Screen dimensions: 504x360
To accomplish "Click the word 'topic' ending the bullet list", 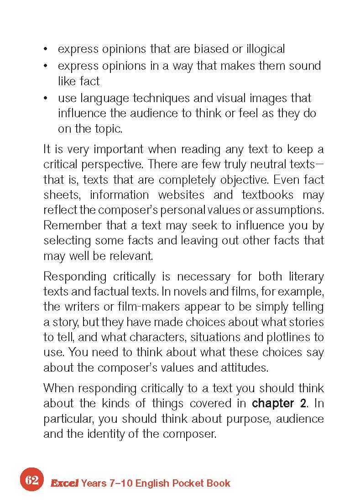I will pyautogui.click(x=108, y=129).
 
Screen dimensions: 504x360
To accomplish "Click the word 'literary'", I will pyautogui.click(x=306, y=276).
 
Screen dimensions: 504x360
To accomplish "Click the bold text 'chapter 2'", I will pyautogui.click(x=279, y=403).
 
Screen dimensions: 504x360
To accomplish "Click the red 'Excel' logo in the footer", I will pyautogui.click(x=64, y=483).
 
